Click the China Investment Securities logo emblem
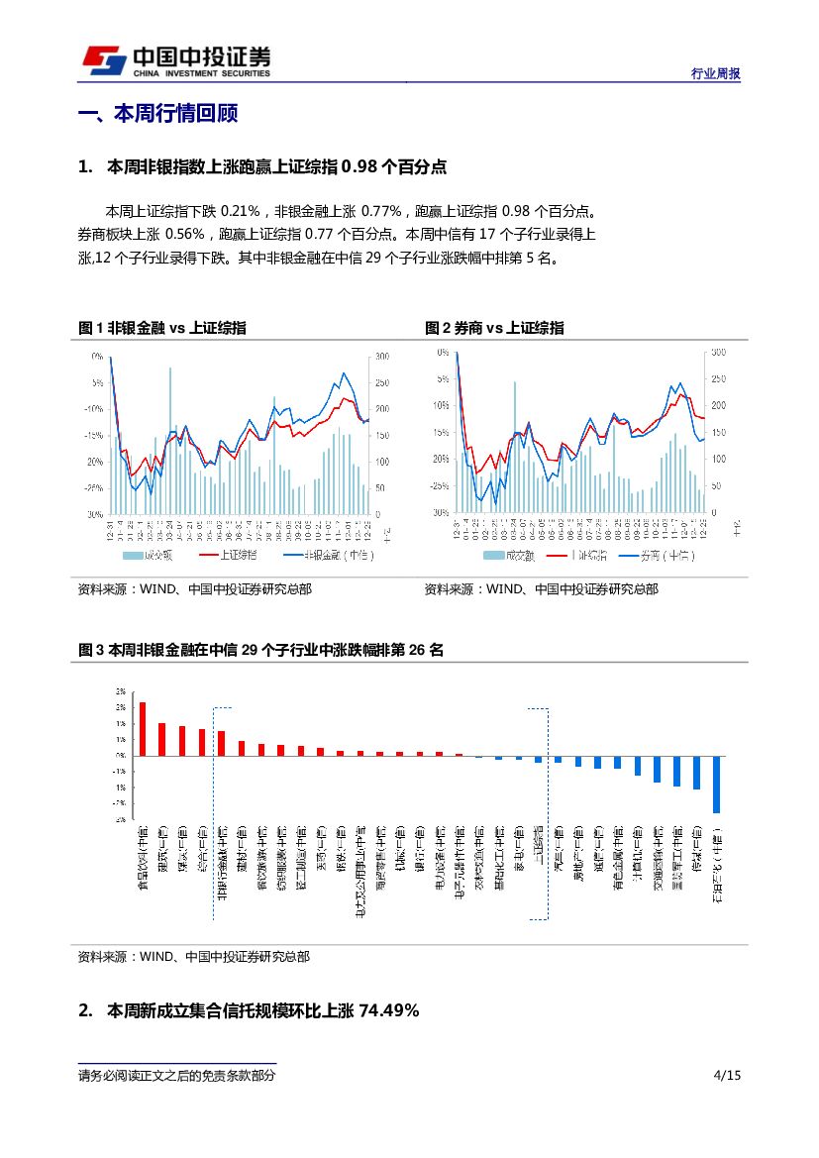click(103, 60)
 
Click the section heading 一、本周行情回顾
click(158, 114)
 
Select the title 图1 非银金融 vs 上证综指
click(162, 328)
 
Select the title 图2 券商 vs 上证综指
click(495, 328)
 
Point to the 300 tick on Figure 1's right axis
click(382, 356)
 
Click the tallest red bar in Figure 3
click(143, 728)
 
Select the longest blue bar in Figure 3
click(716, 785)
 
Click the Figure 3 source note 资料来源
click(193, 957)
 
